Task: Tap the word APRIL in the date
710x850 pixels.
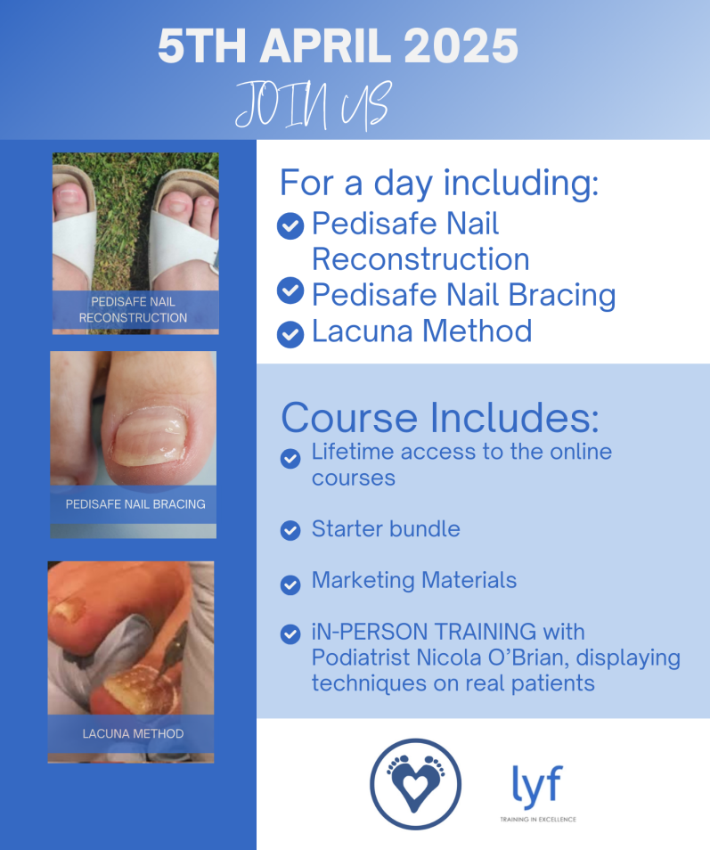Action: tap(325, 46)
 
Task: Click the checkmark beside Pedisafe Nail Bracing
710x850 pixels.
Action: tap(290, 290)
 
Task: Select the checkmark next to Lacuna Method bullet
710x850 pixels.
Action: tap(290, 334)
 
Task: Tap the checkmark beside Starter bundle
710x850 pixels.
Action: tap(290, 530)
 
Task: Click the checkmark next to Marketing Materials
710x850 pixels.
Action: tap(290, 584)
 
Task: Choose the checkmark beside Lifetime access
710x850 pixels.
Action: tap(290, 459)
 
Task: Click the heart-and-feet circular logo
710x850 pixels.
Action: tap(416, 784)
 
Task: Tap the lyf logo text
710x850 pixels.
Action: tap(537, 786)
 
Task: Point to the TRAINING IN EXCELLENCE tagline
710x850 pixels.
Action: tap(538, 819)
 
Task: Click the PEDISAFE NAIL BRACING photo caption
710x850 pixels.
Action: tap(135, 504)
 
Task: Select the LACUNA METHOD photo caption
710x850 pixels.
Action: tap(134, 733)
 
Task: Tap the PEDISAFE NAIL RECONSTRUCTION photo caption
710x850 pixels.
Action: tap(134, 309)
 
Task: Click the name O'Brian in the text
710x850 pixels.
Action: tap(528, 658)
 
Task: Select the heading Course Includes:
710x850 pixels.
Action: tap(440, 417)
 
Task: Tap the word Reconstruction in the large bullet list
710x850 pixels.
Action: tap(420, 259)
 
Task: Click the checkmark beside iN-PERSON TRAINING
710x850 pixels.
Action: tap(290, 633)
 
